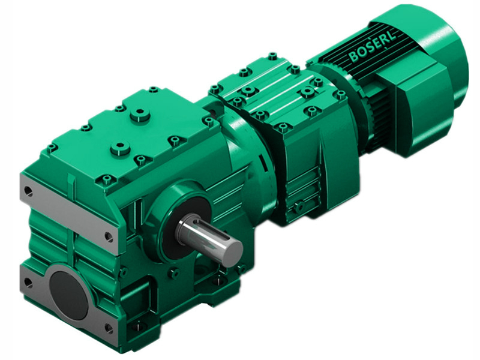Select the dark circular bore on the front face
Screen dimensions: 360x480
point(68,289)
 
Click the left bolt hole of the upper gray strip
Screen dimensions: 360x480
point(28,191)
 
